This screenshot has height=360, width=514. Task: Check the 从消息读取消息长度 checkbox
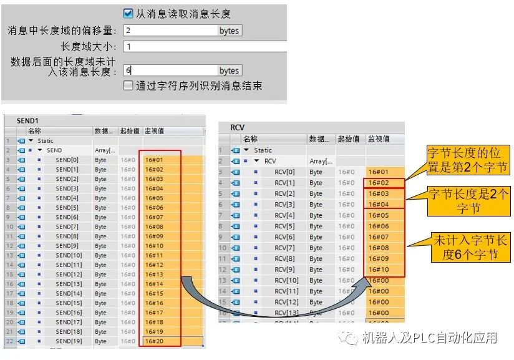point(128,14)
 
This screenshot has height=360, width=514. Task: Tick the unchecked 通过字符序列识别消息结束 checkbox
point(128,86)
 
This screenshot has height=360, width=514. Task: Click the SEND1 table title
point(27,120)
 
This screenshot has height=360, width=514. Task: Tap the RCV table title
point(237,127)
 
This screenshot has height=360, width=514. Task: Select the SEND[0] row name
point(67,160)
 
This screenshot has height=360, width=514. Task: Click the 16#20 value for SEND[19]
point(154,341)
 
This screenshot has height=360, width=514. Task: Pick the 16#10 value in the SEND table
point(154,246)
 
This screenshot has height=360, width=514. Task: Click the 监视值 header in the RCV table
point(379,139)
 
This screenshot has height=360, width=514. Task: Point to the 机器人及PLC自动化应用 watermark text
point(430,338)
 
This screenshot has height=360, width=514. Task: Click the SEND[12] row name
point(69,275)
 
